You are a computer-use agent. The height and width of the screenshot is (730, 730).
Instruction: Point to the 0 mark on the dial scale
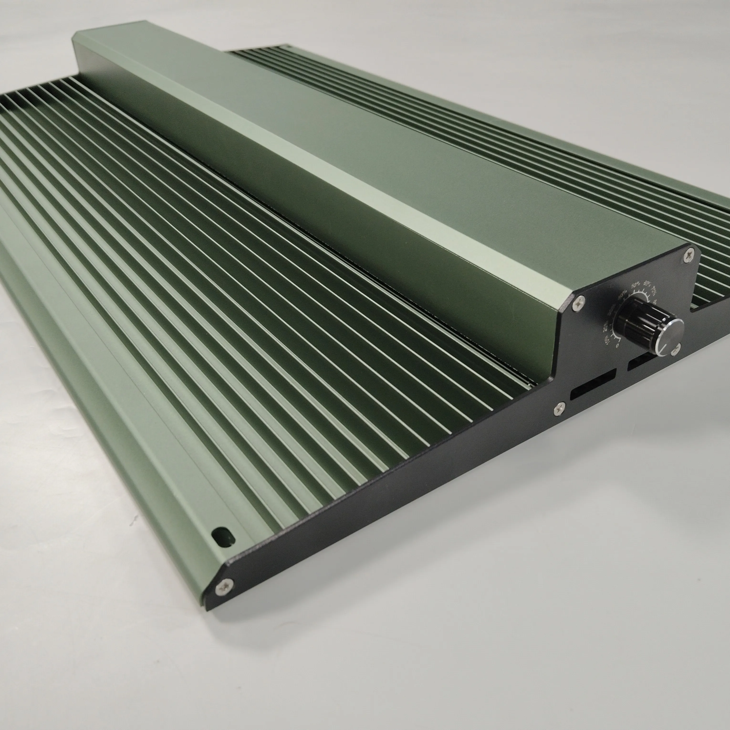tap(617, 345)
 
